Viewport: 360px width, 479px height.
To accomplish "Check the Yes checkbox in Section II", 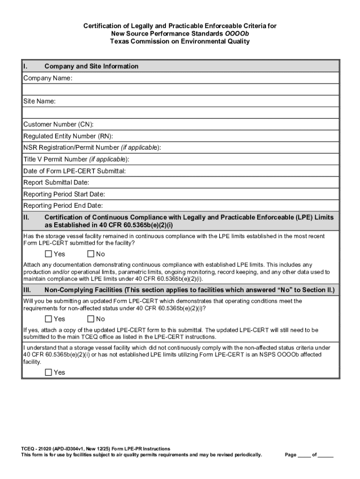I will (x=49, y=254).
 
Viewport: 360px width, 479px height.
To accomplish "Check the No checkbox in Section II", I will (x=91, y=254).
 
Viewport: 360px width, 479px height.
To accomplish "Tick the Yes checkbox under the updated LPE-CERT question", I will (x=49, y=319).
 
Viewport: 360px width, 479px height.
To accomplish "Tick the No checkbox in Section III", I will (x=91, y=319).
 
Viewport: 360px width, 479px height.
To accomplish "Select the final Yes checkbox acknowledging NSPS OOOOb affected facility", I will (x=49, y=373).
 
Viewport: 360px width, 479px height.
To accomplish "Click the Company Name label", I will (x=48, y=78).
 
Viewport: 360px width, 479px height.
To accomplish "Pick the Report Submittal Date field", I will (x=210, y=182).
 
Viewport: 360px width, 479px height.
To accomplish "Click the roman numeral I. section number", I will (x=25, y=66).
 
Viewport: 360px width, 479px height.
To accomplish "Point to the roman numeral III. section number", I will (x=27, y=290).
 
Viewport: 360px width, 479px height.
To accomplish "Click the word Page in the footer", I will (x=291, y=455).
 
